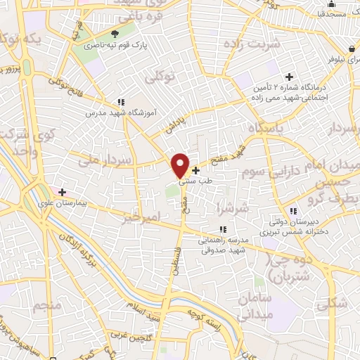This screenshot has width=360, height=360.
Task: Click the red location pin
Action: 181,165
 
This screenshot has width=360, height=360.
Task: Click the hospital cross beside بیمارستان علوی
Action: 63,191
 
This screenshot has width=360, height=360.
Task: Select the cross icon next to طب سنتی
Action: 195,170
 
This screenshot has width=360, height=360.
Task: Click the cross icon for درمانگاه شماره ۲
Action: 288,76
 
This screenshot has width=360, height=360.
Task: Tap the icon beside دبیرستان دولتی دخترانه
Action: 294,210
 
